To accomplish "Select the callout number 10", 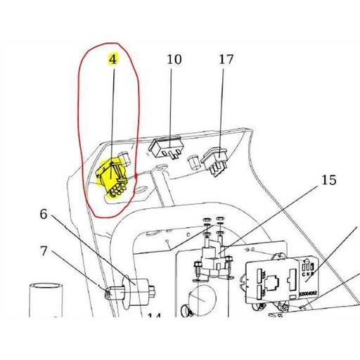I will pos(173,60).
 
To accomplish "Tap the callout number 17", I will pos(225,60).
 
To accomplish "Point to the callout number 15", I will pos(328,180).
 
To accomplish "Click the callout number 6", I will pos(44,214).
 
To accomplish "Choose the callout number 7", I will pos(44,250).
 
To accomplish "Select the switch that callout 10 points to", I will pos(168,148).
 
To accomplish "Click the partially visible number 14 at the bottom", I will pos(153,316).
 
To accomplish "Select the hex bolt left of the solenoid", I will pos(198,265).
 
